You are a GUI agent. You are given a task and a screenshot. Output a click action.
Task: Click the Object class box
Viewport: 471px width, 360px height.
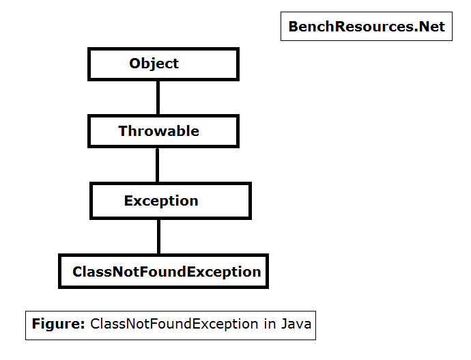[163, 64]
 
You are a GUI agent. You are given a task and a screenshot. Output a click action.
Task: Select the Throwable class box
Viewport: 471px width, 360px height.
[163, 131]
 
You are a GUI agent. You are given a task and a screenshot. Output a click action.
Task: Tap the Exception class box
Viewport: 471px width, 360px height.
[171, 201]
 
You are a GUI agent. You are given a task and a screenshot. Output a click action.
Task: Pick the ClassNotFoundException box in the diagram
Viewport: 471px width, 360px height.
[164, 271]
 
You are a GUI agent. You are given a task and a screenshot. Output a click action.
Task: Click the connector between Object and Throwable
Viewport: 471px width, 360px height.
[158, 98]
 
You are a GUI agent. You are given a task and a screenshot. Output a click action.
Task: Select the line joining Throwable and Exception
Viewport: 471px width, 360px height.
[158, 165]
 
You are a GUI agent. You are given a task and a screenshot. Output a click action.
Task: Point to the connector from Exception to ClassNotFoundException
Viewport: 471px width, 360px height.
[159, 236]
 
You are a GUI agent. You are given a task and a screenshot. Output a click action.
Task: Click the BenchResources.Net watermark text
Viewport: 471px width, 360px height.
[367, 27]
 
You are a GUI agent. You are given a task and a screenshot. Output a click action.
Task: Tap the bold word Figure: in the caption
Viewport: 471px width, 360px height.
[58, 324]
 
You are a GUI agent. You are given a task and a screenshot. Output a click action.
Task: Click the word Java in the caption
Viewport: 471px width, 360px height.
[296, 324]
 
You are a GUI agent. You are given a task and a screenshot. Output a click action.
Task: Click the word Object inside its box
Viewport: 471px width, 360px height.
[154, 64]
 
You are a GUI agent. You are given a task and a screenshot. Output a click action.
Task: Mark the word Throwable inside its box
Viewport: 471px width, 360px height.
[159, 131]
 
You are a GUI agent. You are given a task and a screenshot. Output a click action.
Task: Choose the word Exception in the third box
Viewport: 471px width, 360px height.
[161, 201]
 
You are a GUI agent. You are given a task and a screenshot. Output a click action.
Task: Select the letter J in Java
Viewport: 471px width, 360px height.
[283, 324]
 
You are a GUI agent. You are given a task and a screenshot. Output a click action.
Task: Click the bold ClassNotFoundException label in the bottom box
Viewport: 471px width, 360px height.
[167, 272]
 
